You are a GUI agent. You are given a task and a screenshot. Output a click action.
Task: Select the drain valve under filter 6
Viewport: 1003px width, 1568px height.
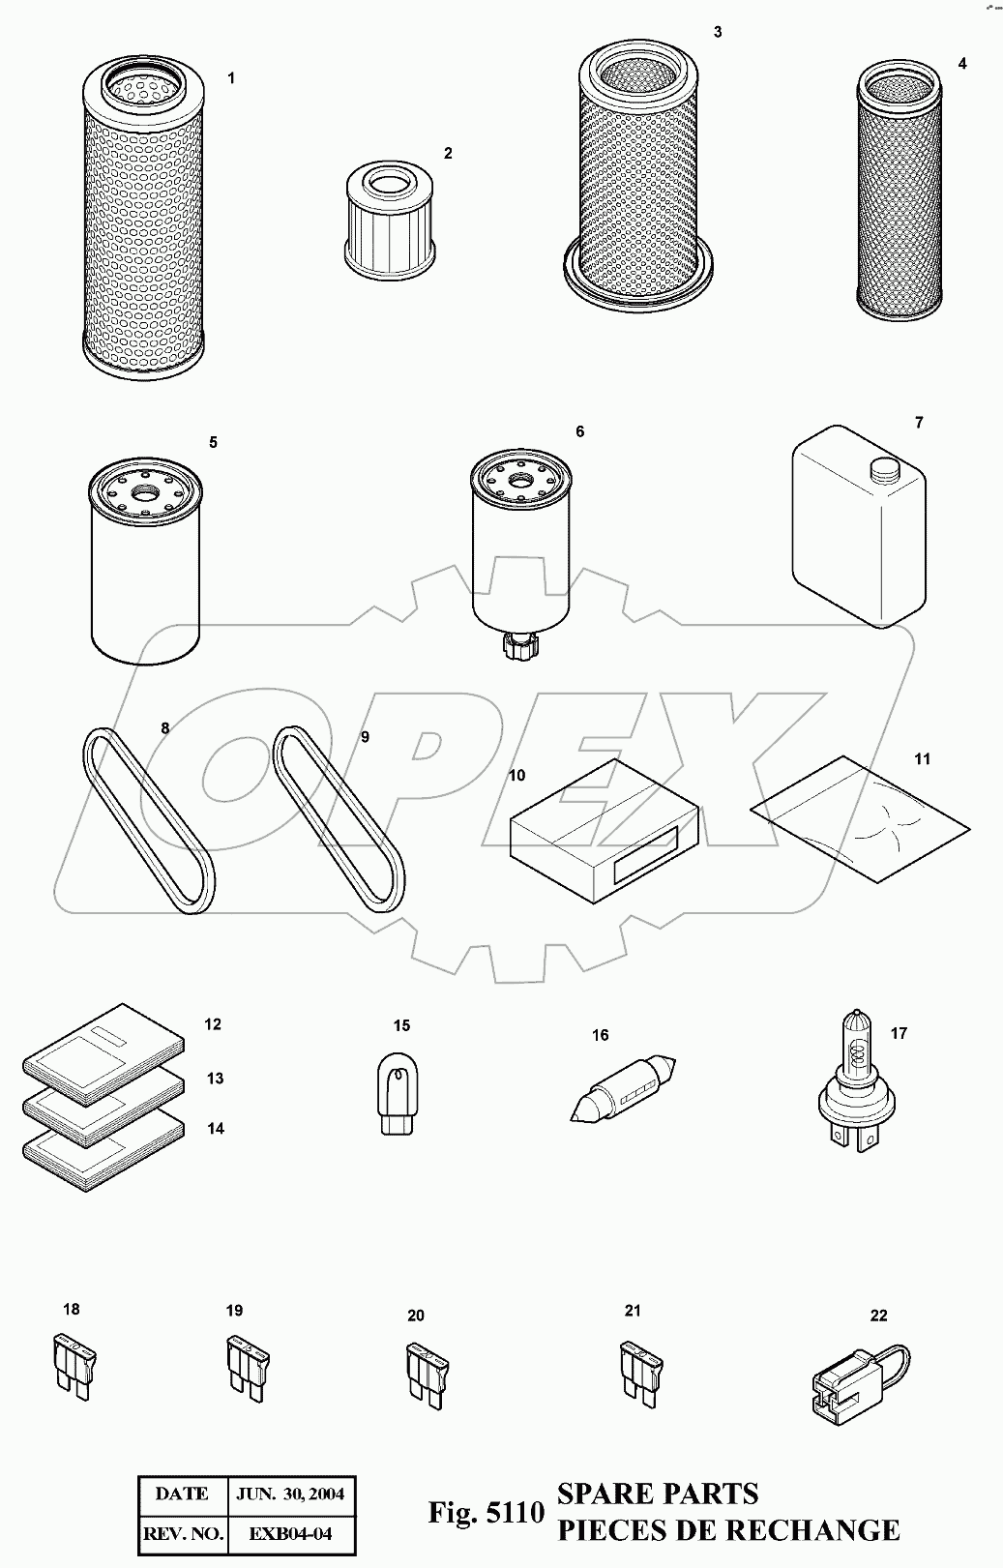click(520, 643)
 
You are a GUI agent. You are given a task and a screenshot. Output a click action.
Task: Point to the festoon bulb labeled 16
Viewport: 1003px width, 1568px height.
click(622, 1089)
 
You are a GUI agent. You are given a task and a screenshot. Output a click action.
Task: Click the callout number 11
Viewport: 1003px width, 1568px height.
click(923, 758)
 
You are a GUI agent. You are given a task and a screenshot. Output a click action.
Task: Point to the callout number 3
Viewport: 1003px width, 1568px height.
click(718, 32)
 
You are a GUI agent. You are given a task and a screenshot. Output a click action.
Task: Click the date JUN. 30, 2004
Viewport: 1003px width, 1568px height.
click(290, 1494)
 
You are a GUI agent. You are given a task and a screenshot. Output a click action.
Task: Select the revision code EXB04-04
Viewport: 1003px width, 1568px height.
click(290, 1534)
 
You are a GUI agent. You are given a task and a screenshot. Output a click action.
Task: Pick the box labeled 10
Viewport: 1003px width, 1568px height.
click(605, 831)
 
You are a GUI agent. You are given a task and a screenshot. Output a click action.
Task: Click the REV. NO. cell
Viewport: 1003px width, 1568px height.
click(184, 1534)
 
